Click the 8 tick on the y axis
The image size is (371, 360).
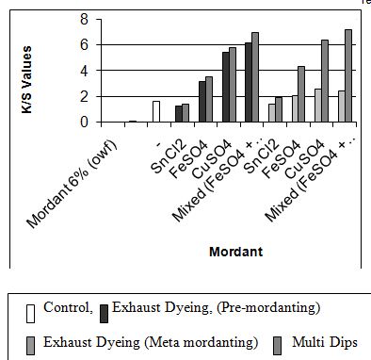86,19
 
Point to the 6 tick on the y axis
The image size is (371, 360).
86,44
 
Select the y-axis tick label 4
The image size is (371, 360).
86,70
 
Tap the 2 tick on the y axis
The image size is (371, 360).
86,96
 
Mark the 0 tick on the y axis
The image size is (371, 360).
86,122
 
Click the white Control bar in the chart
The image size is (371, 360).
156,111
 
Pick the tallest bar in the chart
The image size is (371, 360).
348,75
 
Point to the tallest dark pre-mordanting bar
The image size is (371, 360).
249,82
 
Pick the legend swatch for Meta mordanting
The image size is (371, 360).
32,342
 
